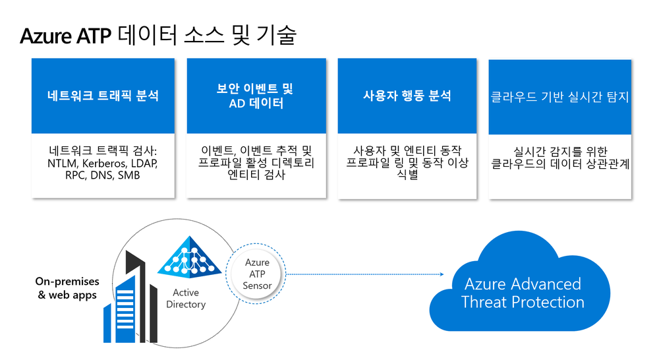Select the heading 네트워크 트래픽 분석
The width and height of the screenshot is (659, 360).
pyautogui.click(x=103, y=96)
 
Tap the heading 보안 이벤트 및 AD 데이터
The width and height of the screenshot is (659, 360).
pyautogui.click(x=256, y=96)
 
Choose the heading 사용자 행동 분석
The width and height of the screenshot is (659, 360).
pyautogui.click(x=407, y=96)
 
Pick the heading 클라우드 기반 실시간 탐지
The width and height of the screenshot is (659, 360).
pyautogui.click(x=560, y=97)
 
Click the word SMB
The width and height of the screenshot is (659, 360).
pyautogui.click(x=136, y=175)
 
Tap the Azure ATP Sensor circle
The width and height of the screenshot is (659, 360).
pyautogui.click(x=256, y=275)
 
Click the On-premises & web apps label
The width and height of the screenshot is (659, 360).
pyautogui.click(x=67, y=288)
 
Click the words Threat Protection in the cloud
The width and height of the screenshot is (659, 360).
pyautogui.click(x=523, y=303)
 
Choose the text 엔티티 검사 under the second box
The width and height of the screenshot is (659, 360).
pyautogui.click(x=256, y=175)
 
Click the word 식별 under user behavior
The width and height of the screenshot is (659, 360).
pyautogui.click(x=407, y=175)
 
